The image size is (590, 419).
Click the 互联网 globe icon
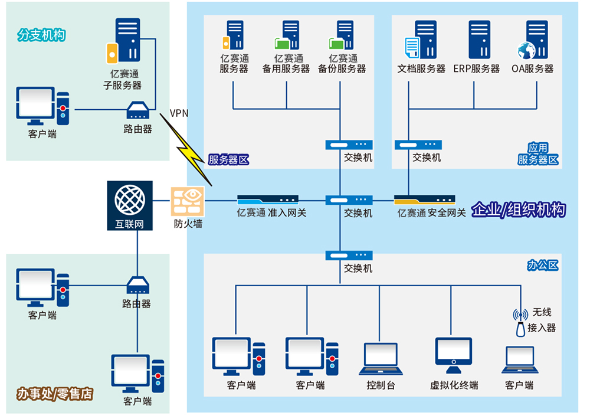click(130, 199)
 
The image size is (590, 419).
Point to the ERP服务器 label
click(476, 68)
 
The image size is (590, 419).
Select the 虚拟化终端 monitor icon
click(453, 355)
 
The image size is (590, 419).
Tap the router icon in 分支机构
click(138, 110)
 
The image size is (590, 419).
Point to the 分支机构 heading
click(41, 35)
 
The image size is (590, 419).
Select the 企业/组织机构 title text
click(519, 210)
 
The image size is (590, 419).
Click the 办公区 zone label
click(542, 265)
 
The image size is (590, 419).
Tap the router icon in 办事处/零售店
click(138, 286)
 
